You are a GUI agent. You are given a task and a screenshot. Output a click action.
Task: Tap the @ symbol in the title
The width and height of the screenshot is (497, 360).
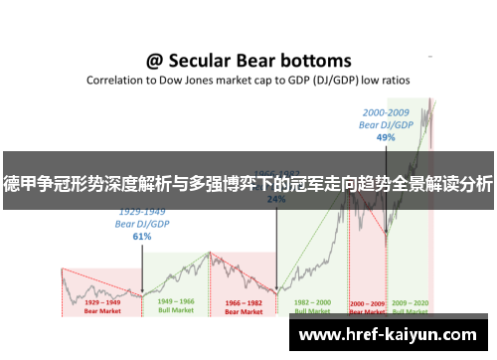click(155, 62)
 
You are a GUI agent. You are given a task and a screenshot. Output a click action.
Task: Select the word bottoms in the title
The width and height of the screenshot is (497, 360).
click(313, 62)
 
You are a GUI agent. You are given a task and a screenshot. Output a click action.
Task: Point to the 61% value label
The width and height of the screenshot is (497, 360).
click(141, 237)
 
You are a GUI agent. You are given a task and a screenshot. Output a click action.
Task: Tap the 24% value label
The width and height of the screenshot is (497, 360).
click(276, 199)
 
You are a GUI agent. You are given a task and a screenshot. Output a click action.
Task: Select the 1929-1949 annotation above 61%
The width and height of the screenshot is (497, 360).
click(141, 212)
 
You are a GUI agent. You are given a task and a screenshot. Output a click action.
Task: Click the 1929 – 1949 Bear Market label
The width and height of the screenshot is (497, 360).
click(102, 304)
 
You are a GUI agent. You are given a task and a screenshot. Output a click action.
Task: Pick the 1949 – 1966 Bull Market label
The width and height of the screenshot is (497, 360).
click(177, 304)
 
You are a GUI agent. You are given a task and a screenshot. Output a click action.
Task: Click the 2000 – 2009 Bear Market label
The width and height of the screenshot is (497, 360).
click(367, 304)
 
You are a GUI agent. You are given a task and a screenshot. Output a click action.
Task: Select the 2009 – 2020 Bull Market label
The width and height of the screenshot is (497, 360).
click(410, 304)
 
